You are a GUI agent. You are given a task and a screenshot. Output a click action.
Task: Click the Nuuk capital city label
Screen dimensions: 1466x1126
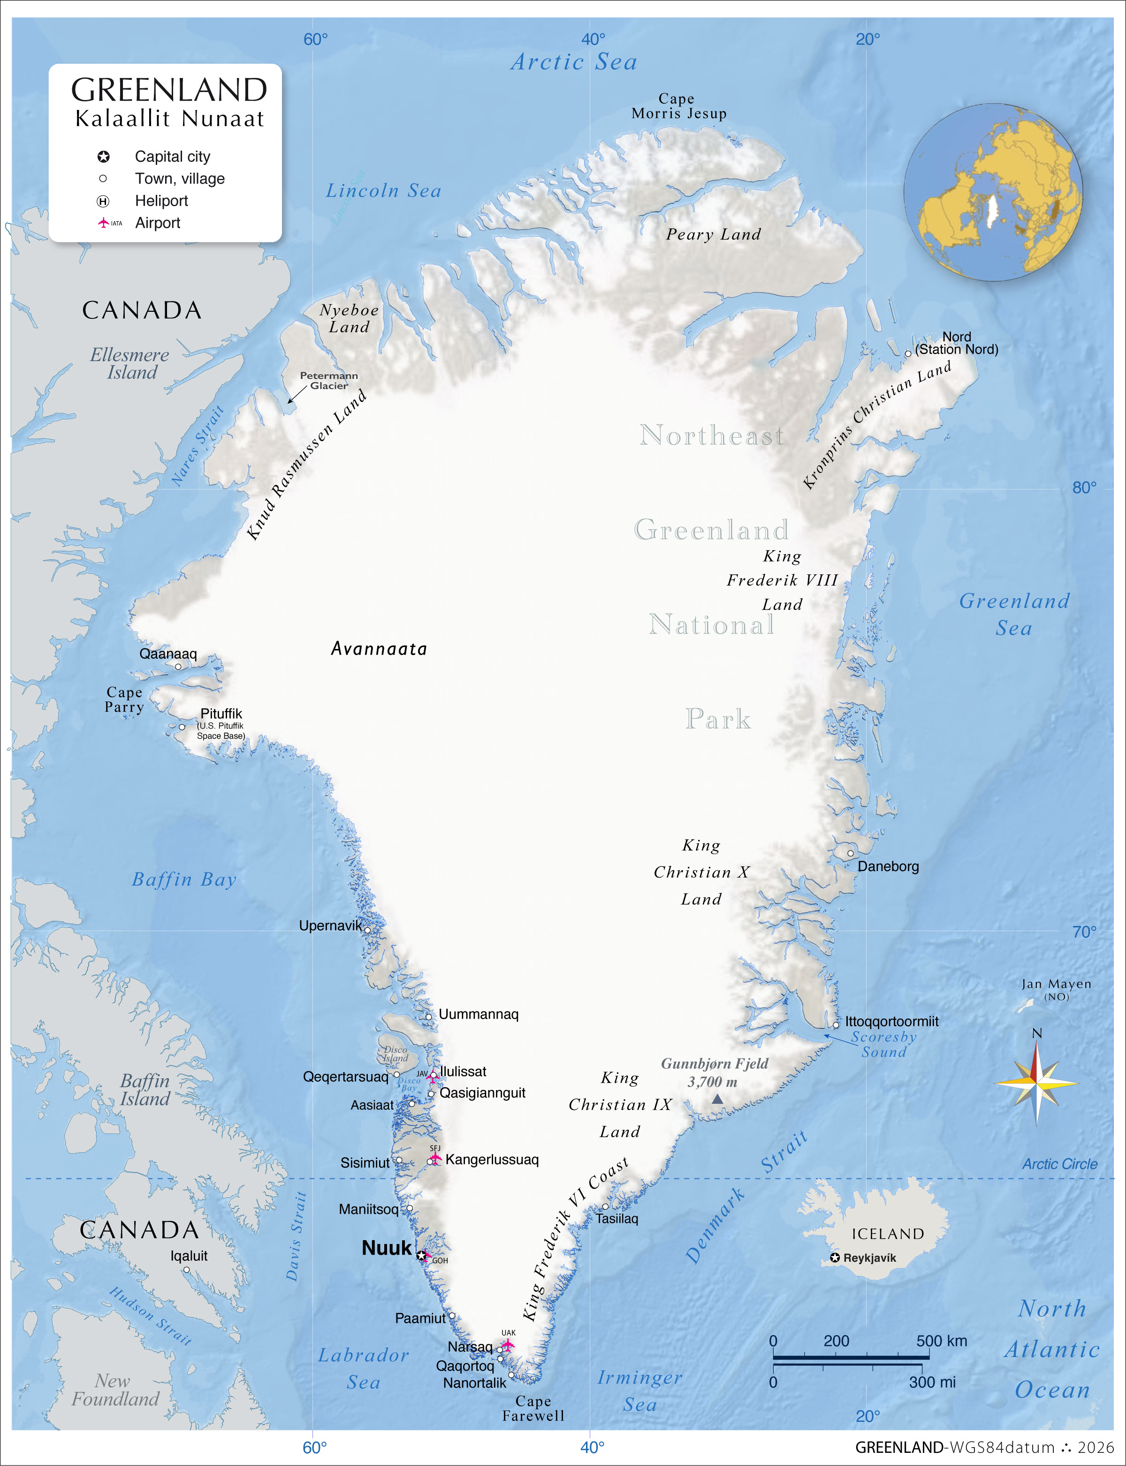(386, 1248)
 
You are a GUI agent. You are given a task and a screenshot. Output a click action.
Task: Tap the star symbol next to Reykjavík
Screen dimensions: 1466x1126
(835, 1258)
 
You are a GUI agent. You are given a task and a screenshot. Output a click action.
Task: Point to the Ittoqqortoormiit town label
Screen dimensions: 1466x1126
(891, 1021)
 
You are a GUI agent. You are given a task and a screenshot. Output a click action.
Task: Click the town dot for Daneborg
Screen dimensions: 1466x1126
(851, 854)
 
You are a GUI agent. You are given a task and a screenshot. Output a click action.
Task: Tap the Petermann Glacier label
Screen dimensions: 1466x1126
(328, 380)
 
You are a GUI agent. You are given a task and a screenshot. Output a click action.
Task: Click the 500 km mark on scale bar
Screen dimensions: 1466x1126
(942, 1341)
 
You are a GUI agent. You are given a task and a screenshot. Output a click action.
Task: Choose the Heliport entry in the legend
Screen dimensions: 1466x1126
(161, 201)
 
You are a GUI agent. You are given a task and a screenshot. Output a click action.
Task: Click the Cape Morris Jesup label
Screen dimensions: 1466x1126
(678, 106)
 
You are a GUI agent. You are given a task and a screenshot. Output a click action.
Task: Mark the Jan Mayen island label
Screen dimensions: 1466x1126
(1056, 985)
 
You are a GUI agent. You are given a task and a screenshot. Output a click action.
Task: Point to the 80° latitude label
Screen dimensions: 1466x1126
(1084, 487)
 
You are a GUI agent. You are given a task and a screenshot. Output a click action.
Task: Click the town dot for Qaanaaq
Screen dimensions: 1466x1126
(178, 667)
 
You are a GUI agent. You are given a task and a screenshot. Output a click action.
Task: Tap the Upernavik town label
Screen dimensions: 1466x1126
(330, 926)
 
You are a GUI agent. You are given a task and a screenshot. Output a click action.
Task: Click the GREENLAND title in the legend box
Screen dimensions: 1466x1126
(169, 90)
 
